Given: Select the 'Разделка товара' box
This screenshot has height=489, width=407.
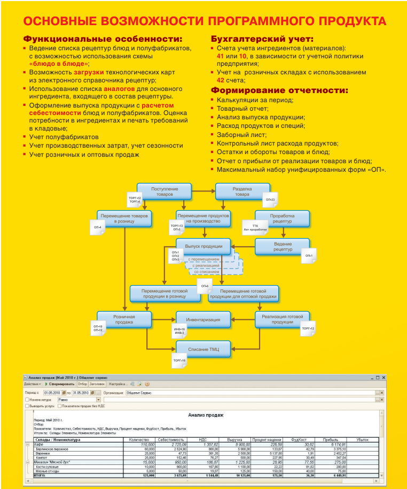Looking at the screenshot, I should (x=241, y=192).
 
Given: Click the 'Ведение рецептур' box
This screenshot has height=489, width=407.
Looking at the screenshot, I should (x=283, y=247).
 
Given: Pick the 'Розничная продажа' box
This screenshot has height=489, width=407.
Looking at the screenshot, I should (x=124, y=319).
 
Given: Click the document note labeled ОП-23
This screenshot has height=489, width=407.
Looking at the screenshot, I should (x=270, y=200).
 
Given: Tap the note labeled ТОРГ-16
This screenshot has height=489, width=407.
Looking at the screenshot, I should (x=179, y=361).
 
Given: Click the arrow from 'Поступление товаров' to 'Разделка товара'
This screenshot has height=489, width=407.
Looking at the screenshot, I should (x=203, y=190).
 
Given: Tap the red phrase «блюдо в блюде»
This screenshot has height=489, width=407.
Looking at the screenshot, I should (x=58, y=64).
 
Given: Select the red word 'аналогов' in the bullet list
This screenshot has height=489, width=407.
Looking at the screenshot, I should (x=119, y=88).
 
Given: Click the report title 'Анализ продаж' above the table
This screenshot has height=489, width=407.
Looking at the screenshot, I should (x=206, y=415).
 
